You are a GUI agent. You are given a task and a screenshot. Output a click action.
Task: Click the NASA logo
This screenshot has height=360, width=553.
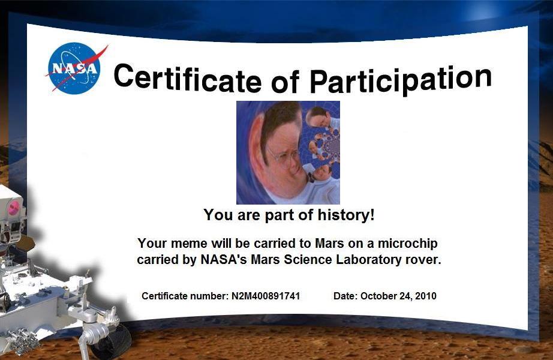(x=75, y=68)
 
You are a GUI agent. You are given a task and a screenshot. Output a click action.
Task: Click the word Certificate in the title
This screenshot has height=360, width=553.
(x=188, y=79)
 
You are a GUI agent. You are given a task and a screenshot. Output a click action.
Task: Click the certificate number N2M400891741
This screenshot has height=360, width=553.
(x=266, y=296)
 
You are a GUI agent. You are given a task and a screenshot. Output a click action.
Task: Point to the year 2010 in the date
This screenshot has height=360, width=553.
(x=426, y=296)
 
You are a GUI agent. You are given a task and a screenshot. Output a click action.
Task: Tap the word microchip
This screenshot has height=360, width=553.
(x=408, y=244)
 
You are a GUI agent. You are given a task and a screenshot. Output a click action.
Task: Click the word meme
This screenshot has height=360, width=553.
(x=189, y=244)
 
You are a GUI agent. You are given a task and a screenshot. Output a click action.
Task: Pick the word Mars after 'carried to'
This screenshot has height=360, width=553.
(x=329, y=244)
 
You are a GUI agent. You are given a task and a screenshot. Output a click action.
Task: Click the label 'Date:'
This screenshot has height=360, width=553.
(x=345, y=296)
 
